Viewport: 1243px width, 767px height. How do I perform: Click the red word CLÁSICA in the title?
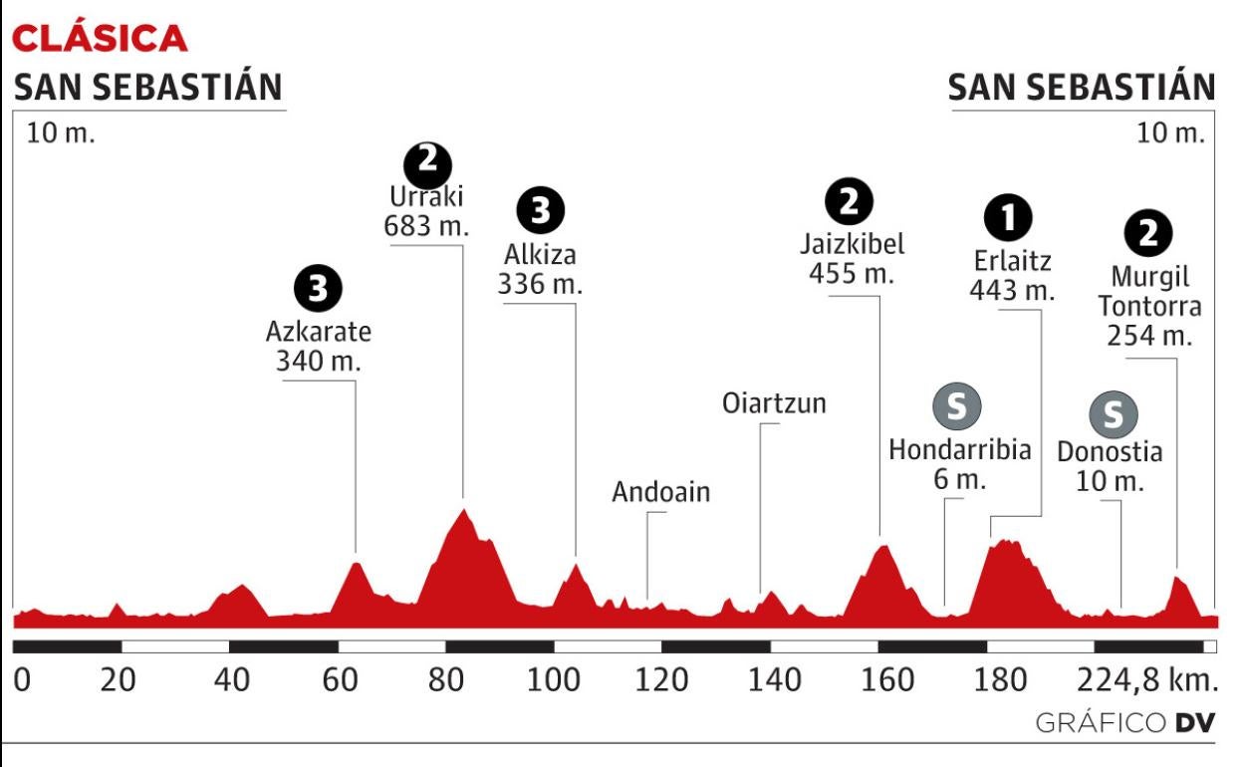click(99, 38)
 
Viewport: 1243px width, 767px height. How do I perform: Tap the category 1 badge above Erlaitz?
click(1011, 216)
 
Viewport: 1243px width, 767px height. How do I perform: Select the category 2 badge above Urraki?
click(427, 162)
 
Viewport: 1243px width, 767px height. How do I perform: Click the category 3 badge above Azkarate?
click(318, 289)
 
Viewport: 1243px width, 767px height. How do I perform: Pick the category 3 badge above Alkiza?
click(541, 209)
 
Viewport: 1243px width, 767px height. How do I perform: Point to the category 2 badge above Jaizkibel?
click(850, 204)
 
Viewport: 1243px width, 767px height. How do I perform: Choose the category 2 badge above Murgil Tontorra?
click(1148, 234)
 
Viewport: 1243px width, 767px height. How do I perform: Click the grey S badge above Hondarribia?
click(956, 405)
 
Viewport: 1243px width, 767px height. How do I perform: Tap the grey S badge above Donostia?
click(1113, 411)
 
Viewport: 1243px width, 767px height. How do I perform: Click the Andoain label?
click(661, 492)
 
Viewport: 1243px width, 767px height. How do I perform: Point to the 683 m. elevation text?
click(425, 226)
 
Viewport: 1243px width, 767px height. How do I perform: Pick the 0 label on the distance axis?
click(22, 680)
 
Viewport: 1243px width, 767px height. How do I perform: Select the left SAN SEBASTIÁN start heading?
click(147, 89)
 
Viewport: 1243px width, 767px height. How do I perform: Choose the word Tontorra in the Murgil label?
click(1148, 306)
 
